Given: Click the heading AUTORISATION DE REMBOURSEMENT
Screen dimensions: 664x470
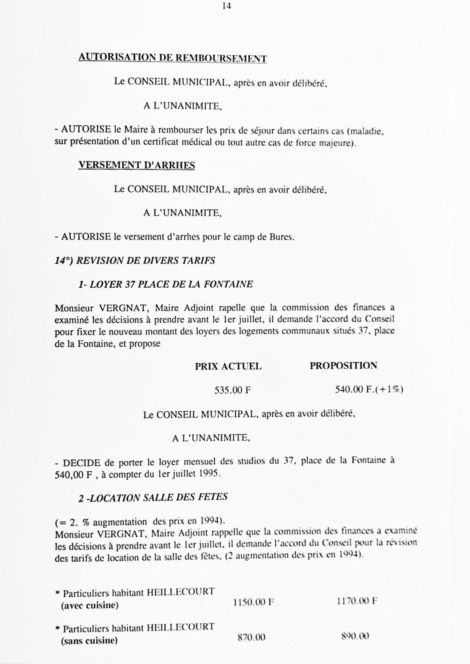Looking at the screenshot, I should click(x=172, y=58).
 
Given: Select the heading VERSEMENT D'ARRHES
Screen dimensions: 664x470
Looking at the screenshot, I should click(x=137, y=165).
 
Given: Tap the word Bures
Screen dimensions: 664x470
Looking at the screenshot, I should click(x=282, y=237).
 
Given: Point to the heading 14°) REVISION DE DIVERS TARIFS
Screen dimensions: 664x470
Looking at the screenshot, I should click(x=135, y=260).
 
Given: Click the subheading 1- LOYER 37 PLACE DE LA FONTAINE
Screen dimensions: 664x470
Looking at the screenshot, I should click(x=165, y=284).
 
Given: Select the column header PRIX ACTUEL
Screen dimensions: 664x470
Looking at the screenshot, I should click(x=228, y=366).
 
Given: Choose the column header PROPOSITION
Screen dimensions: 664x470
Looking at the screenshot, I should click(x=344, y=366).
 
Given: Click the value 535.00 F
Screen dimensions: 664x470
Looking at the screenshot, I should click(x=233, y=390).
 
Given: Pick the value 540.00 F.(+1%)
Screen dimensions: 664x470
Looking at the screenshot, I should click(x=369, y=390).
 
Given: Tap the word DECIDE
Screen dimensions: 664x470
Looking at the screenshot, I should click(x=82, y=463).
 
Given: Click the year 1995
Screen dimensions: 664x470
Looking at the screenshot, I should click(x=209, y=473).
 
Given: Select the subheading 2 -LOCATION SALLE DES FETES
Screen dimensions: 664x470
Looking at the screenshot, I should click(x=153, y=497).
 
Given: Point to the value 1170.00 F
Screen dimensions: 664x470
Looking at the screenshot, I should click(x=357, y=601).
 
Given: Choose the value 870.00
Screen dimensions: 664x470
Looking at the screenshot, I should click(x=251, y=637).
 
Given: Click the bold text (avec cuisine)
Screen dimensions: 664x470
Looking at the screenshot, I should click(x=90, y=605).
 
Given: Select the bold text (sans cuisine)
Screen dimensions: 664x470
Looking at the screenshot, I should click(x=89, y=641).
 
